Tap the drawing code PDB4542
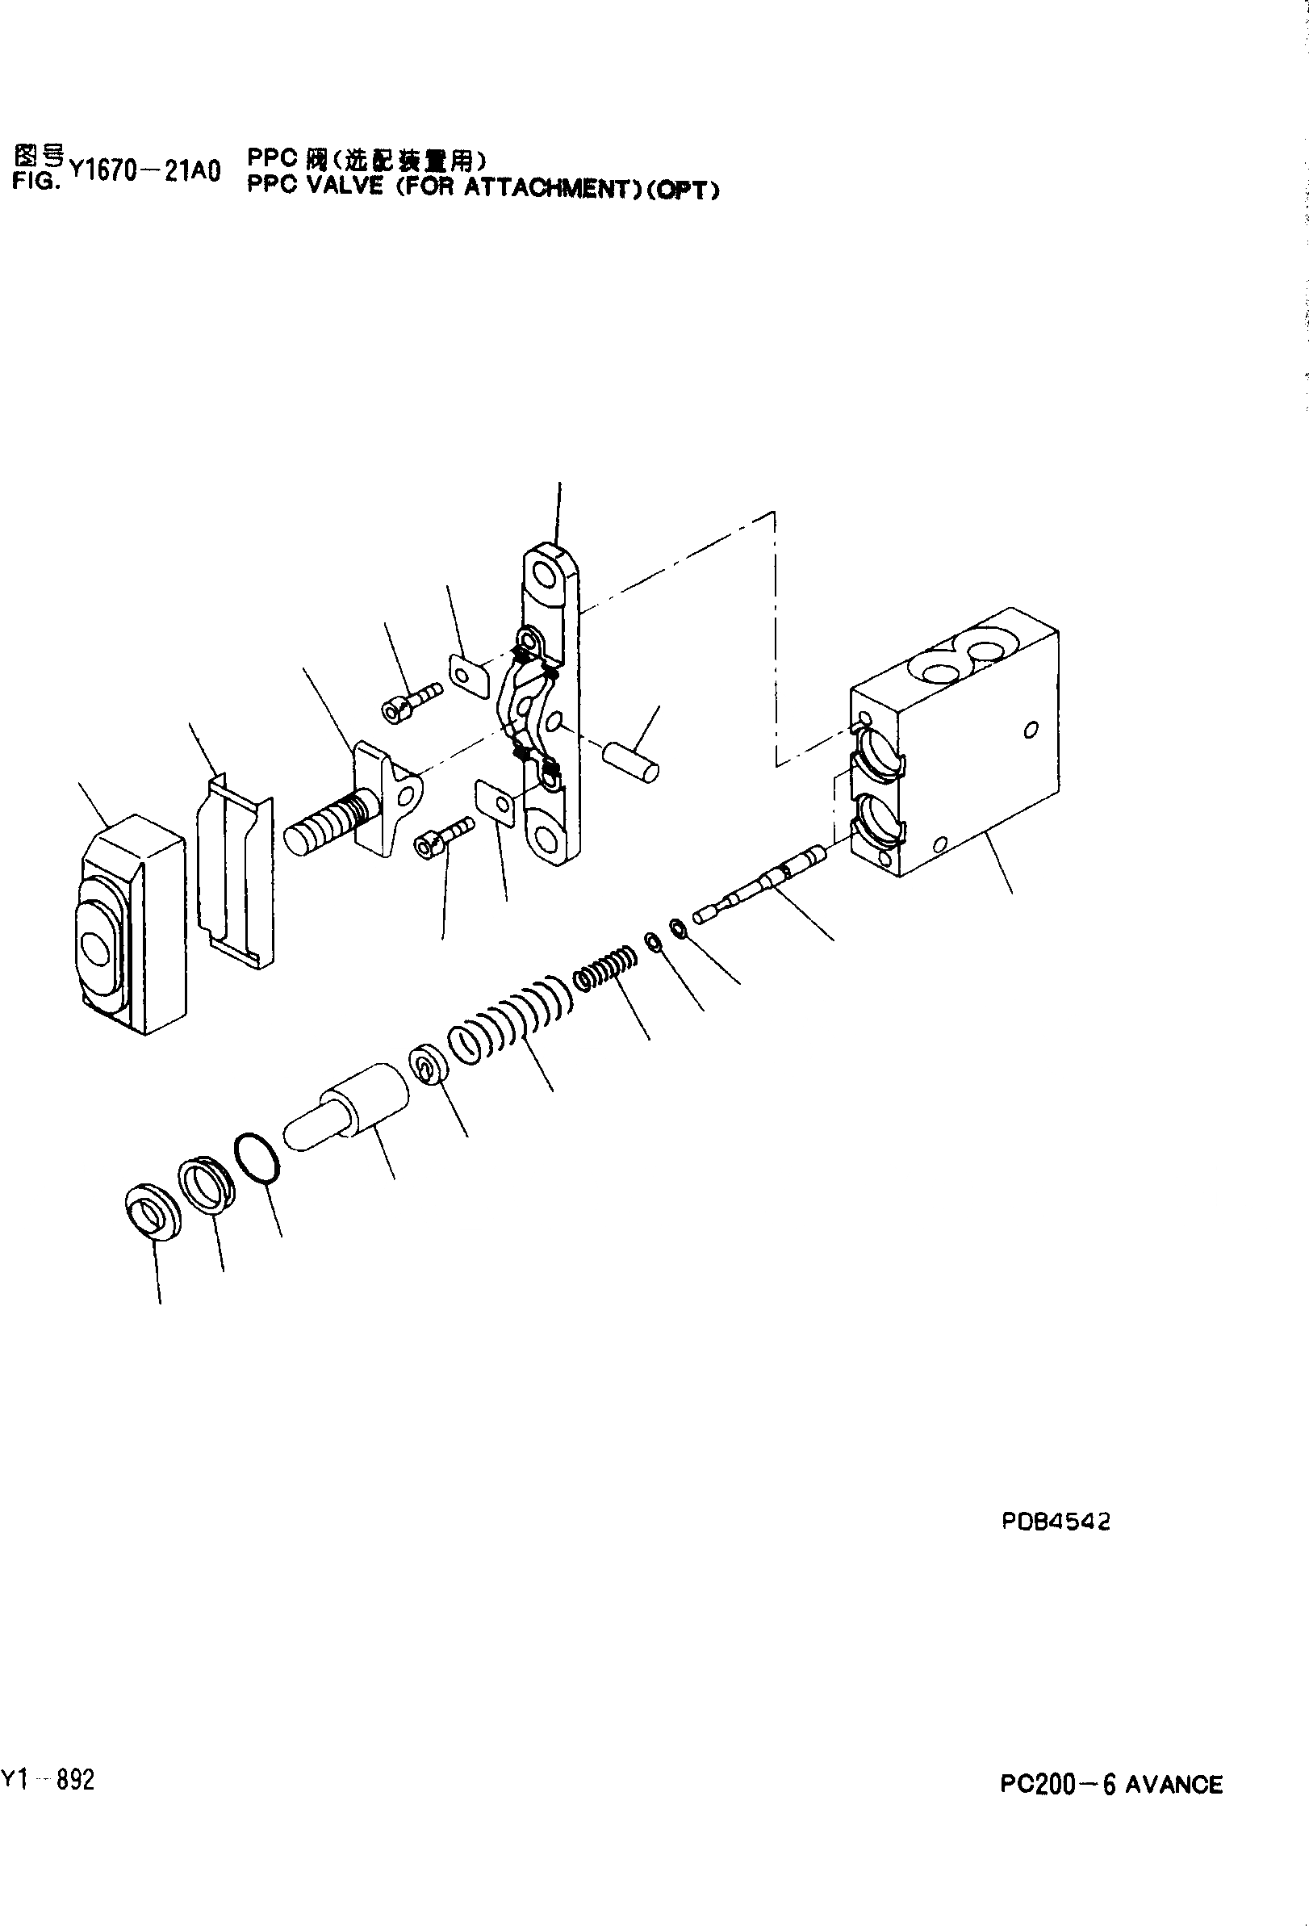pos(1056,1522)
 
